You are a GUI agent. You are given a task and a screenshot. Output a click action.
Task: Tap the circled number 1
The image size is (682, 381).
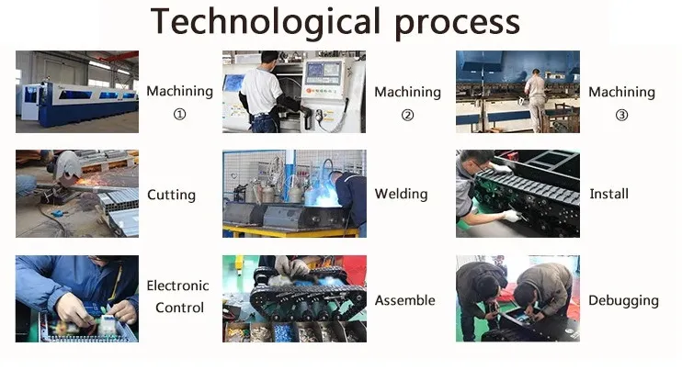coord(180,115)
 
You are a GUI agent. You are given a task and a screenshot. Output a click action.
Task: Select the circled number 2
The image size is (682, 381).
coord(407,115)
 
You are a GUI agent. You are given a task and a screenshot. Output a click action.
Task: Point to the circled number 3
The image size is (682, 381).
coord(621,115)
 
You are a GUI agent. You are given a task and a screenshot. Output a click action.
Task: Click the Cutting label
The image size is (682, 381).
coord(171,195)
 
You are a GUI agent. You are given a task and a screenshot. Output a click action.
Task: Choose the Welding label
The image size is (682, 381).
coord(401,194)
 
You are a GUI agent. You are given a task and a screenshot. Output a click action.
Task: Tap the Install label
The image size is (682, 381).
coord(608,194)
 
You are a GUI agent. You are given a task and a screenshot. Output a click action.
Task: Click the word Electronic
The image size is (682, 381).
coord(178,286)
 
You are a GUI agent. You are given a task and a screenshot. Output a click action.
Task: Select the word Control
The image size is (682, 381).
coord(179,308)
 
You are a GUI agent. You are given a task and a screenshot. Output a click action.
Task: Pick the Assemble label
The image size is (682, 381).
coord(404,300)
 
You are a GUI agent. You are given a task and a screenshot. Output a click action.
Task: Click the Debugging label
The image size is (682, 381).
coord(623,300)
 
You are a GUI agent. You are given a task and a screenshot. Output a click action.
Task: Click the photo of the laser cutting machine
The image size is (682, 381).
coord(77,92)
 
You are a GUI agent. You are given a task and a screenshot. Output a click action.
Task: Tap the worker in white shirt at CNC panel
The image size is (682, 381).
coord(262,92)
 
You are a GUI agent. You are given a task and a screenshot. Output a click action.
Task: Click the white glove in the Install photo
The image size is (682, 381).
coord(510,217)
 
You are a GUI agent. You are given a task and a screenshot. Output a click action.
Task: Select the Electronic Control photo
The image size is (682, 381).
coord(77,298)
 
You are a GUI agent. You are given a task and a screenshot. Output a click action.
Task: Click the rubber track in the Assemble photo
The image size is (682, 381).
coord(303,298)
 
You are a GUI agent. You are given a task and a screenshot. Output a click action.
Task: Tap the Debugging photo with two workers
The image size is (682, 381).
coord(517,298)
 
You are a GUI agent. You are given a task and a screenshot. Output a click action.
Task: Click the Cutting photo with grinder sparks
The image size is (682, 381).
coord(77,194)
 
